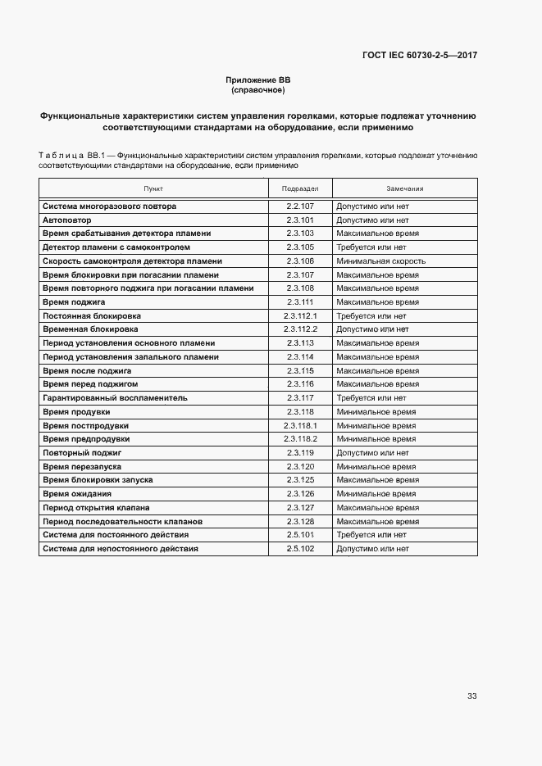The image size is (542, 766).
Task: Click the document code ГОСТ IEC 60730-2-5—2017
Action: click(419, 55)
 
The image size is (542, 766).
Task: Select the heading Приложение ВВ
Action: click(258, 79)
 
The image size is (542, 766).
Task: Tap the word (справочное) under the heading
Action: click(258, 89)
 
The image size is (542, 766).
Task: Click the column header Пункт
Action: click(153, 188)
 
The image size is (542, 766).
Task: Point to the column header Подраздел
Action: click(300, 188)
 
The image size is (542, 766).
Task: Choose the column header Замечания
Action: click(404, 188)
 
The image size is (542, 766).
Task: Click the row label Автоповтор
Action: click(67, 220)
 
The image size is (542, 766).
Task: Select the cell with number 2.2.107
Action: click(300, 206)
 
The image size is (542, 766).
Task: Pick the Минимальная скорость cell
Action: click(380, 261)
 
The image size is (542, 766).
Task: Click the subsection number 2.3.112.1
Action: click(300, 315)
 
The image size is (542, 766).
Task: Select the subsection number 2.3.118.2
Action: click(300, 439)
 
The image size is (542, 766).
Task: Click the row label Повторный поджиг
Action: click(82, 452)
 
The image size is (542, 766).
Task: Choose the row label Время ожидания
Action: click(77, 494)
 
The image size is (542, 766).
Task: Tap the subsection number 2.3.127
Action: click(300, 507)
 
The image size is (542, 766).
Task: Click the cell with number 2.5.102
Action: click(300, 549)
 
